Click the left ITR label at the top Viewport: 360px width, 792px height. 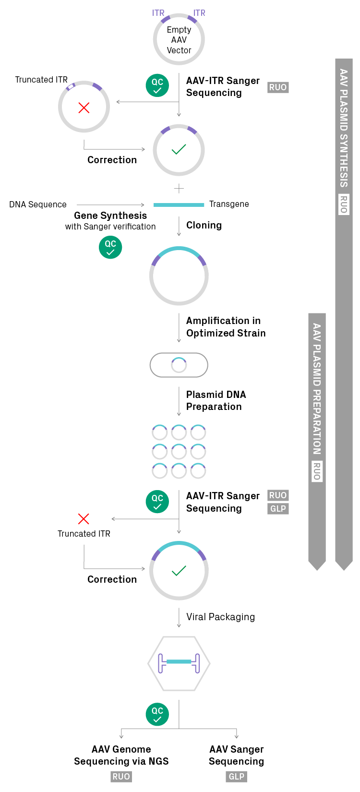click(x=158, y=13)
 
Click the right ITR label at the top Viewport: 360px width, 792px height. click(x=199, y=13)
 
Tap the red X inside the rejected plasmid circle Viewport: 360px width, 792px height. click(x=84, y=108)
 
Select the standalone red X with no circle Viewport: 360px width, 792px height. click(x=84, y=519)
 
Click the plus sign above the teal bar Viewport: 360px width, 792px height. click(x=179, y=189)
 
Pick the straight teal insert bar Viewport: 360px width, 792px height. click(x=179, y=205)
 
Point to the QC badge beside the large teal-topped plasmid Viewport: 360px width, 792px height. click(x=110, y=247)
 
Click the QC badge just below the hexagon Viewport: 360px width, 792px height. click(x=157, y=714)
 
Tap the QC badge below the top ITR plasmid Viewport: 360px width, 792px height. click(x=157, y=85)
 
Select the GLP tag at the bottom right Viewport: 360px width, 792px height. click(x=236, y=777)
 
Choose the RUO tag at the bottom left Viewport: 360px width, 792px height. click(x=121, y=777)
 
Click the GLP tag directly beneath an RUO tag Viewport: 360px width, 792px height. click(x=278, y=509)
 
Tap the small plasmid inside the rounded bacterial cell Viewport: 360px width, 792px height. click(x=179, y=365)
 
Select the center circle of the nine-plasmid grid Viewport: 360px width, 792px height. click(x=179, y=452)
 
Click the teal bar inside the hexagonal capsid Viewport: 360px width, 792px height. click(x=179, y=661)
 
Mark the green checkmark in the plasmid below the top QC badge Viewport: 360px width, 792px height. click(x=179, y=150)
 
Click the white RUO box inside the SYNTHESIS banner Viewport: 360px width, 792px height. click(x=344, y=204)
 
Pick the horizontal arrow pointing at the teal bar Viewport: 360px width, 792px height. click(x=110, y=205)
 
